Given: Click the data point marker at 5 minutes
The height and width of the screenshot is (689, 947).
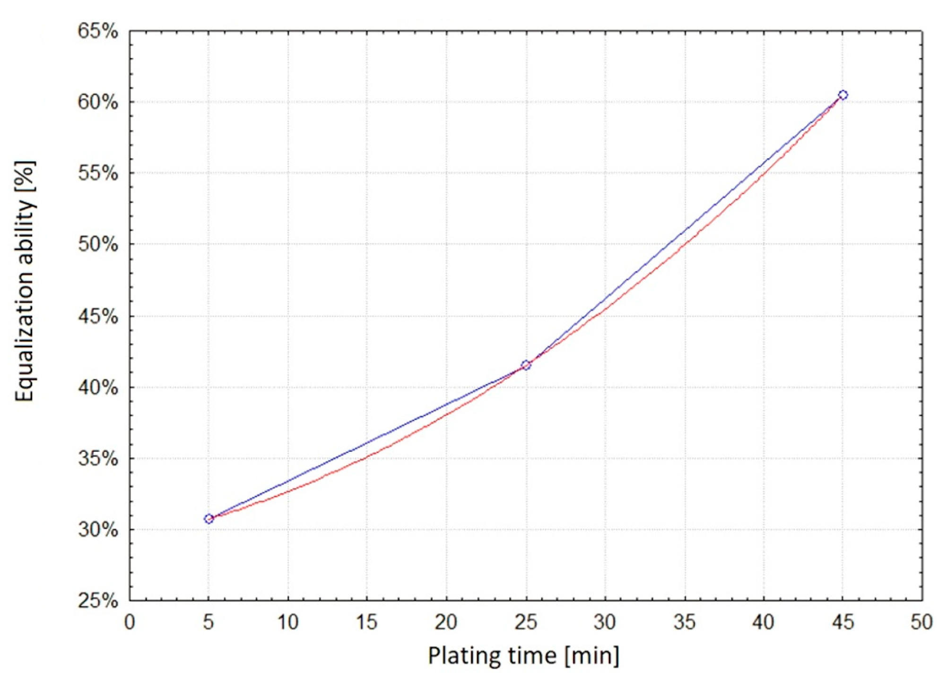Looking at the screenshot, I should (x=209, y=519).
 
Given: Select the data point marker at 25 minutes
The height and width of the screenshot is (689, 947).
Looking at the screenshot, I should (x=526, y=365).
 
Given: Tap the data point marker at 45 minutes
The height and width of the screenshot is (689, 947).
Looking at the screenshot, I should (x=843, y=95).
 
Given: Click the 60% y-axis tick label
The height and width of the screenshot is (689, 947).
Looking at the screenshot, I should (x=98, y=102).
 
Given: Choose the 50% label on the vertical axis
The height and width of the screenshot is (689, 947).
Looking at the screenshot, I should (x=98, y=245).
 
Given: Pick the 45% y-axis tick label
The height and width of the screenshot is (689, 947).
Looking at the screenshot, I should (x=98, y=316).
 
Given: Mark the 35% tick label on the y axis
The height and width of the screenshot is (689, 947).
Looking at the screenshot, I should (x=98, y=458).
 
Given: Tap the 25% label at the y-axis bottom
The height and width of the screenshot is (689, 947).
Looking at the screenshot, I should (x=98, y=601).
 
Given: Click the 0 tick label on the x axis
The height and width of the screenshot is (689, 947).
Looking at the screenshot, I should (x=130, y=622).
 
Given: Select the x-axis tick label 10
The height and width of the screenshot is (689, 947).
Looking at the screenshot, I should (x=287, y=622).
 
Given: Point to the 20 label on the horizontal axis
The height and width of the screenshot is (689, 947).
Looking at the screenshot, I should (x=446, y=622).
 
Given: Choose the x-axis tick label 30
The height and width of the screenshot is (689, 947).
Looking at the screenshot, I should (x=605, y=622).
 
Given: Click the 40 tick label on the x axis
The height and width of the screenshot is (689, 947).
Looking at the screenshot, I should (x=763, y=622).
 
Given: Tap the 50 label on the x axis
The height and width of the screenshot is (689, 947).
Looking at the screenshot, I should (x=921, y=622).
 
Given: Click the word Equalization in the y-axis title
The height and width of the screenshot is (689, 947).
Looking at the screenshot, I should (x=25, y=326).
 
